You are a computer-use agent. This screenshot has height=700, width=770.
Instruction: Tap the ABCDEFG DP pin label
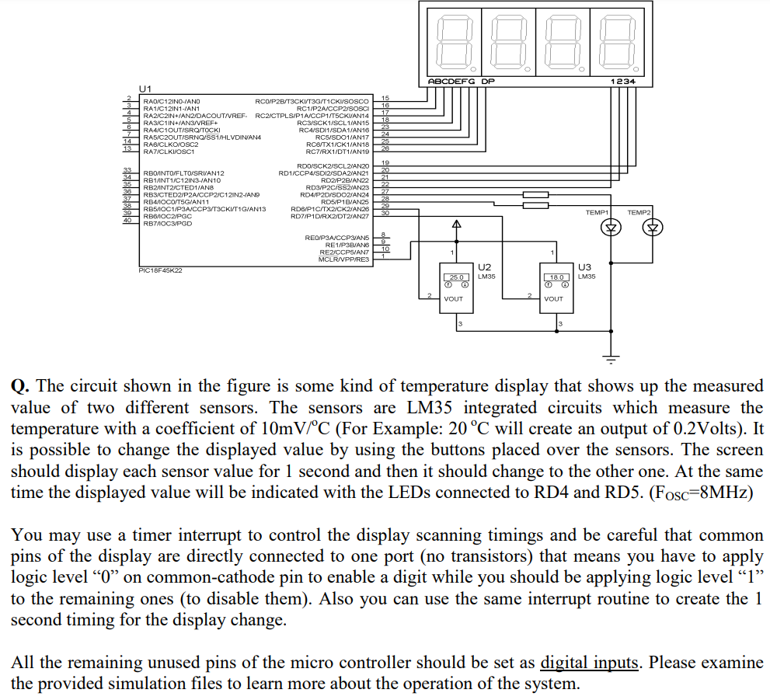[x=461, y=82]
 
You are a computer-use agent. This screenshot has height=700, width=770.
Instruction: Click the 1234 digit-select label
[x=622, y=82]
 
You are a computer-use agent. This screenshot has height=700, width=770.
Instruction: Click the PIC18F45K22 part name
[x=159, y=270]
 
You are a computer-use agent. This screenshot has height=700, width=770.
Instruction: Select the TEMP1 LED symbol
[x=611, y=228]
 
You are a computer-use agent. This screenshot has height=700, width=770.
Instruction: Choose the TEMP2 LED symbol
[x=653, y=228]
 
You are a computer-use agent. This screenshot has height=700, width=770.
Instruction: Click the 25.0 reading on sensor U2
[x=455, y=277]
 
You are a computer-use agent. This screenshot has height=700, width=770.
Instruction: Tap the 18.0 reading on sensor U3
[x=556, y=277]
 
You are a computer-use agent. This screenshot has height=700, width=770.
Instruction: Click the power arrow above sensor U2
[x=457, y=225]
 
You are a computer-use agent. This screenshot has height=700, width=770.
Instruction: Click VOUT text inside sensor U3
[x=554, y=298]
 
